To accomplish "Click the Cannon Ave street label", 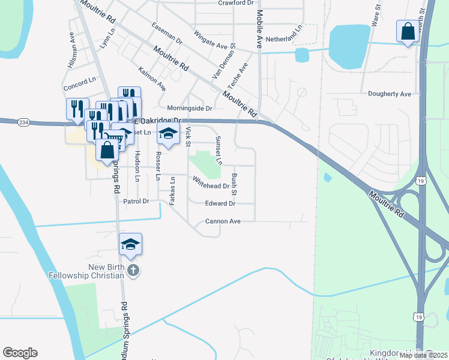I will click(223, 221).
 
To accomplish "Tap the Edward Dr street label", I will click(220, 203).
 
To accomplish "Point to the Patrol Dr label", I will click(136, 201).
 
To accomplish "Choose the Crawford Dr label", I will click(236, 3).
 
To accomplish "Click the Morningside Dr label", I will click(189, 109).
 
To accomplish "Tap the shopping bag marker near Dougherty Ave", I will click(408, 31).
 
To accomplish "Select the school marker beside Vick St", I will click(169, 134).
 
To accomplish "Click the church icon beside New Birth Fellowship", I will click(133, 271).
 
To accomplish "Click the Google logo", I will click(20, 353).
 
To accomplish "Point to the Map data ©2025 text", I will click(424, 355).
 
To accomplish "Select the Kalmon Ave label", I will click(152, 79).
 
